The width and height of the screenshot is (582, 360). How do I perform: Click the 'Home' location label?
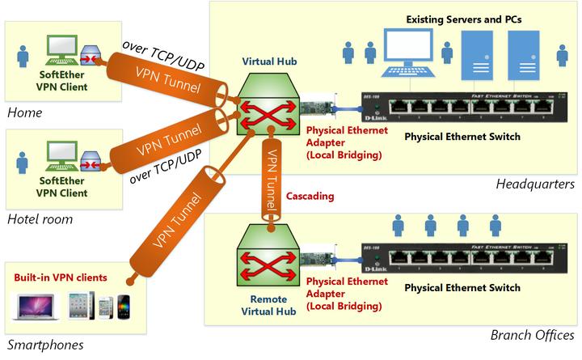[23, 112]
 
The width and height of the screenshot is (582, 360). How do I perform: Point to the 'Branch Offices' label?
[532, 335]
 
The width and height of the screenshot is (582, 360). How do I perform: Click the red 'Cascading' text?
[312, 197]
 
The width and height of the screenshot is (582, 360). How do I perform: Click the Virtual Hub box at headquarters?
[263, 112]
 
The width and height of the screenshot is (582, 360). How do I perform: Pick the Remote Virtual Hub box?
[263, 260]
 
